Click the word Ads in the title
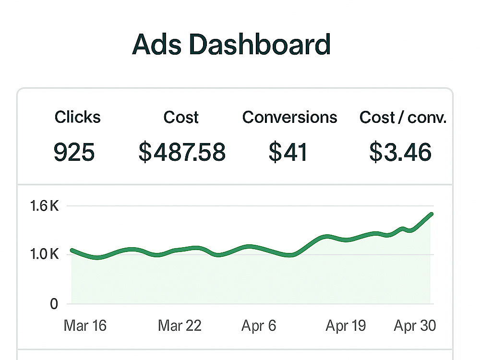tap(157, 44)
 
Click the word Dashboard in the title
tap(260, 44)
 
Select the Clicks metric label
tap(77, 117)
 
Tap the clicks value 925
tap(74, 152)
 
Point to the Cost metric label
tap(181, 117)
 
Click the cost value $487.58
tap(182, 152)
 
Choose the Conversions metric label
tap(289, 117)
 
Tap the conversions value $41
tap(288, 152)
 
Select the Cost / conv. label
tap(403, 117)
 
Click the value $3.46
tap(400, 152)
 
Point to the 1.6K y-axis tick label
tap(44, 206)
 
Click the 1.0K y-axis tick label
tap(44, 254)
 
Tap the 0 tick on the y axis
tap(54, 304)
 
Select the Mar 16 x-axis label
tap(85, 325)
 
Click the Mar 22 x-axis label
tap(180, 325)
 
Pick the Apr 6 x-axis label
tap(259, 325)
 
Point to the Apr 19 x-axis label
tap(346, 325)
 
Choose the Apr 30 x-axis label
tap(415, 325)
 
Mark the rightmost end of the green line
tap(432, 214)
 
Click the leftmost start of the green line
tap(72, 250)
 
